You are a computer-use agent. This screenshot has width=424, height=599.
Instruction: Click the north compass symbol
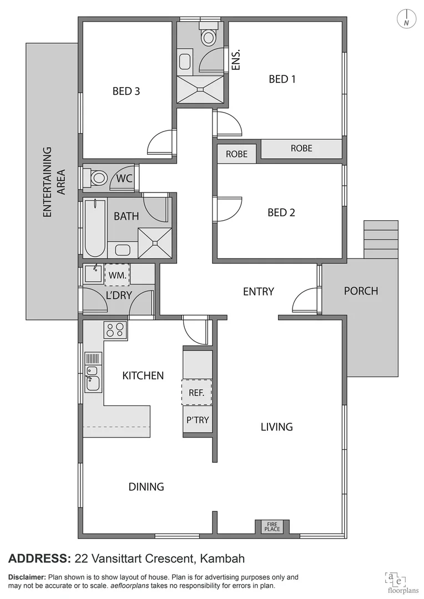(407, 19)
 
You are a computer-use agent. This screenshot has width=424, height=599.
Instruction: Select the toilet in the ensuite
(209, 36)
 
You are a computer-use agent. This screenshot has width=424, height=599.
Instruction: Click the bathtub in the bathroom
(95, 228)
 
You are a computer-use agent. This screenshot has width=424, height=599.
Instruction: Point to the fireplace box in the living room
(272, 526)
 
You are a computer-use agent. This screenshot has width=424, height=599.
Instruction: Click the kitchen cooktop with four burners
(115, 330)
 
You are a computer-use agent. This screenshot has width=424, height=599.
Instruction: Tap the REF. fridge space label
(196, 393)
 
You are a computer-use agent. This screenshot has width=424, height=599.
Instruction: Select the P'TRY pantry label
(197, 420)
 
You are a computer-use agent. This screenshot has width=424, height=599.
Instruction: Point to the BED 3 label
(126, 91)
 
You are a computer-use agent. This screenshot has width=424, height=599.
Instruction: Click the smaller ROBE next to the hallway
(236, 154)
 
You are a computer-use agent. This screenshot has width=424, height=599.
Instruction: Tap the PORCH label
(361, 291)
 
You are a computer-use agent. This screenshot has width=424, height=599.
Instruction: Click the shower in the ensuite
(200, 89)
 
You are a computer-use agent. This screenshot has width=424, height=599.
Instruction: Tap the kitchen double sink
(92, 378)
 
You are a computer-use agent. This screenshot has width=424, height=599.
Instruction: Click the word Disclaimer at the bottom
(27, 577)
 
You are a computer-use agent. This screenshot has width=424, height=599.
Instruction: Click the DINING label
(146, 487)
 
